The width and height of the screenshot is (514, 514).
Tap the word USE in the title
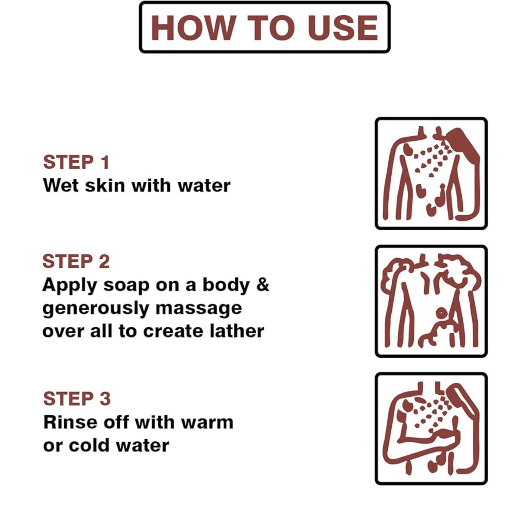point(343,28)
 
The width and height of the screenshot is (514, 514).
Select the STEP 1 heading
point(76,162)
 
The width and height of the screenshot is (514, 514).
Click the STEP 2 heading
point(76,261)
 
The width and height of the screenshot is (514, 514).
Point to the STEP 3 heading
point(77,399)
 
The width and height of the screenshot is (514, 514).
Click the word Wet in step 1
point(61,186)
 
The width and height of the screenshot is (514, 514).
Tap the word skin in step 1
point(105,185)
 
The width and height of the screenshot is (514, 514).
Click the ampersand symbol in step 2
point(263,284)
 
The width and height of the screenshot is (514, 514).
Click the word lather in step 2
point(237,331)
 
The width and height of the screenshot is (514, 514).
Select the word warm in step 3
point(207,423)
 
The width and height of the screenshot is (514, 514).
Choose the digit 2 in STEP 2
point(104,261)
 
